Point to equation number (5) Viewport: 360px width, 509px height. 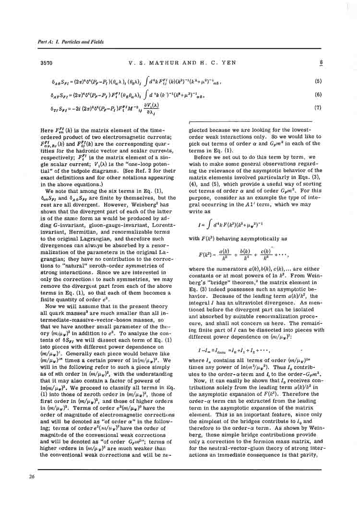318,81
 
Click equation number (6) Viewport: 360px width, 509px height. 318,95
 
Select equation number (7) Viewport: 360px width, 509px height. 318,107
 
